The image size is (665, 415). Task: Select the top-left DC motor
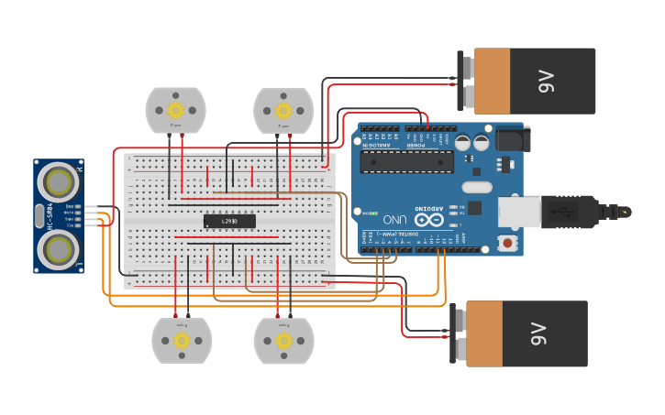[176, 110]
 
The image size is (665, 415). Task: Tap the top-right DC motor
[283, 110]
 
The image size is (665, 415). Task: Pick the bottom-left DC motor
[182, 340]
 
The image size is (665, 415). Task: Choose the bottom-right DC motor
[283, 340]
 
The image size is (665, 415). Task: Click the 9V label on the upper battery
[548, 82]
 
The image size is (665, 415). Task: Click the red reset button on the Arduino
[506, 243]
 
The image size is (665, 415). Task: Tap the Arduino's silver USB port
[519, 210]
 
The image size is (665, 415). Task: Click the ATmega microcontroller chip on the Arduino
[406, 161]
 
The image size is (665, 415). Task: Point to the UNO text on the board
[395, 220]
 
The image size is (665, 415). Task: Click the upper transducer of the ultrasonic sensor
[58, 182]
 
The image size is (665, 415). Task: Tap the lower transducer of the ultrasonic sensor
[58, 247]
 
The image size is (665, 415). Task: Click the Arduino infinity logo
[425, 220]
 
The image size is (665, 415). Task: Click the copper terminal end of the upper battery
[491, 82]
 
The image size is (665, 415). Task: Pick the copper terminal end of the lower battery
[482, 334]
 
